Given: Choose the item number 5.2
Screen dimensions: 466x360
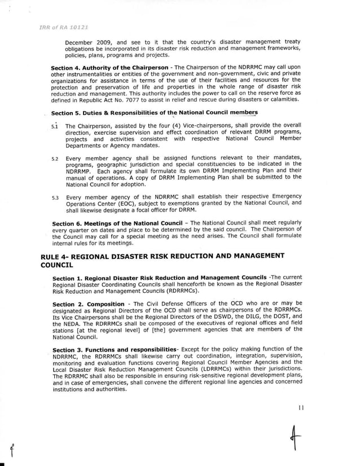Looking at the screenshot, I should point(55,159).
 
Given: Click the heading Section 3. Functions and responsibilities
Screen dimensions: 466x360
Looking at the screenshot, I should point(114,349).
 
